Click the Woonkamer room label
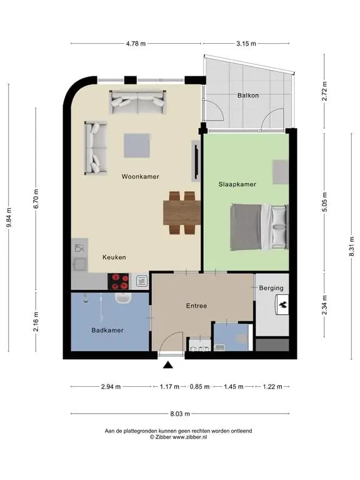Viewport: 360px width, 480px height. tap(140, 177)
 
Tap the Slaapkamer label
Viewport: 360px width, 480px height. tap(237, 184)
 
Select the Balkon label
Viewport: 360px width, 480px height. tap(248, 96)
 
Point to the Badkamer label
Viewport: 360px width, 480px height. tap(107, 330)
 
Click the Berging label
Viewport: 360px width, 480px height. tap(271, 288)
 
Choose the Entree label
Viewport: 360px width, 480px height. tap(196, 306)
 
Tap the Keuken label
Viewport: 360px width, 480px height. tap(114, 257)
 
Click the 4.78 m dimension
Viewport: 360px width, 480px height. tap(136, 44)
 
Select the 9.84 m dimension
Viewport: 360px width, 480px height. tap(9, 217)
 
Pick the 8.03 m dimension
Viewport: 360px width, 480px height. tap(180, 414)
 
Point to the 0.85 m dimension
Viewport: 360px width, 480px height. tap(199, 387)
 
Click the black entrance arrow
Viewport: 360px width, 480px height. tap(167, 364)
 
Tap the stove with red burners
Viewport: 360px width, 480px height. tap(119, 282)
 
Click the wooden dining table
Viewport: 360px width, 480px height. tap(182, 212)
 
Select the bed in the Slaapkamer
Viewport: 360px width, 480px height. tap(259, 227)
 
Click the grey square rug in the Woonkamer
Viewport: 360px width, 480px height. tap(137, 146)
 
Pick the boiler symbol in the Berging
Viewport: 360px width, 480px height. tap(282, 304)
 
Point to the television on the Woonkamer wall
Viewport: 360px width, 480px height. tap(196, 161)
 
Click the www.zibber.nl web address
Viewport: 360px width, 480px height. tap(190, 437)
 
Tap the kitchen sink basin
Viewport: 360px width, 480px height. tap(80, 264)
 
